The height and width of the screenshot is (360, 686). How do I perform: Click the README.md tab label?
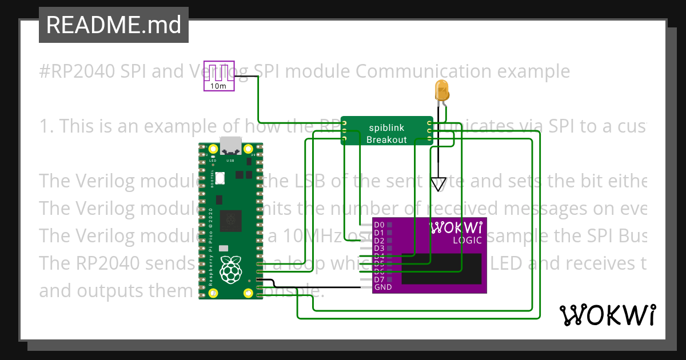[x=113, y=25]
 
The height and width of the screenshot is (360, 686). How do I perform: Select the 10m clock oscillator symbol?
[x=220, y=75]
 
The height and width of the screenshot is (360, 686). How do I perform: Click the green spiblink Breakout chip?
[x=386, y=131]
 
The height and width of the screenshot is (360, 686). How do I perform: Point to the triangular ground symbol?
[x=438, y=184]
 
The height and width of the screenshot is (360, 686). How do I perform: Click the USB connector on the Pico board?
[x=230, y=146]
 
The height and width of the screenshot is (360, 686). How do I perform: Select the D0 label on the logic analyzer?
[x=379, y=225]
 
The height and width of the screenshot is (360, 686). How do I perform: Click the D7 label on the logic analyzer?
[x=379, y=279]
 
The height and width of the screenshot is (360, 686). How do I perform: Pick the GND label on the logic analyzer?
[x=382, y=287]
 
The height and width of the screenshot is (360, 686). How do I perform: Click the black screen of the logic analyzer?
[x=440, y=269]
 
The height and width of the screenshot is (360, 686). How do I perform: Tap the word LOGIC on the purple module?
[x=468, y=240]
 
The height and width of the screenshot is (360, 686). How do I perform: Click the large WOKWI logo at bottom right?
[x=607, y=315]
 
